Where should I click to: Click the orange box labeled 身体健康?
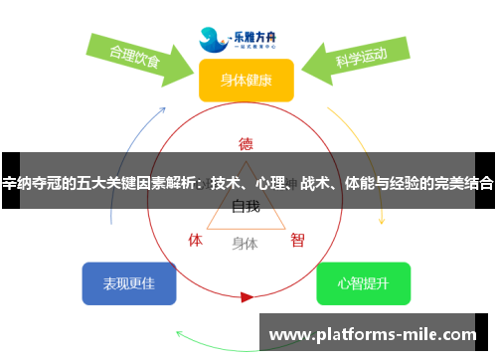point(246,81)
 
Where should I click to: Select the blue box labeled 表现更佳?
point(129,283)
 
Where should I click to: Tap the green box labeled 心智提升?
point(363,283)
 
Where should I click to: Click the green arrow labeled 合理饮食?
point(139,57)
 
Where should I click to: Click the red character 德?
point(246,141)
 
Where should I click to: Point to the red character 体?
point(196,240)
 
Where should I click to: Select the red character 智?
point(297,240)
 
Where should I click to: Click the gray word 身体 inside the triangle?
point(245,242)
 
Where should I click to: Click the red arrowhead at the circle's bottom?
point(247,296)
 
